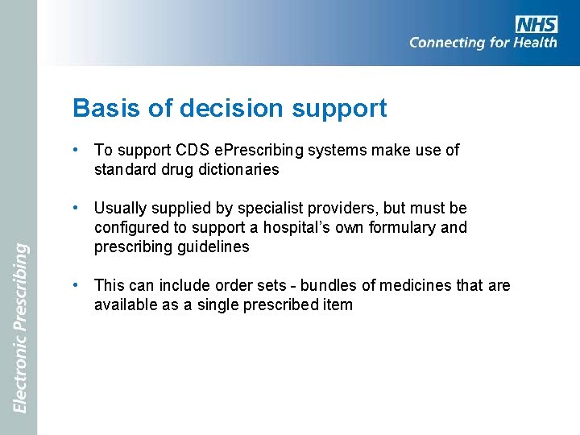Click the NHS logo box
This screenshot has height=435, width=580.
[x=536, y=24]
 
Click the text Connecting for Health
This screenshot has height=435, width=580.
[x=483, y=43]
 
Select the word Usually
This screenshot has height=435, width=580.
[x=120, y=208]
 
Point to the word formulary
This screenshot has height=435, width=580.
[x=396, y=227]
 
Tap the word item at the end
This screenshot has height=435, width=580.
[x=337, y=304]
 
